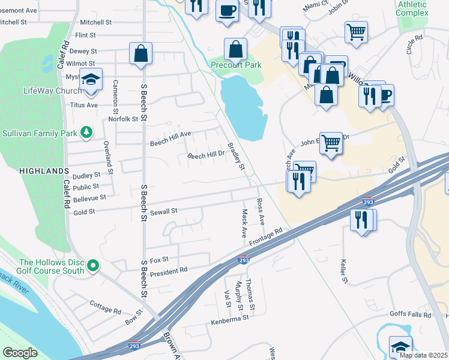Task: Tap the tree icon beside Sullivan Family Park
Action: click(87, 132)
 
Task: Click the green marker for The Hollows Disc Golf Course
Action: click(92, 265)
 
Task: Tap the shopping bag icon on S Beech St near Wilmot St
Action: click(140, 54)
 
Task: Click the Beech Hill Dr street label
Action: click(206, 155)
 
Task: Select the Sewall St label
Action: click(164, 211)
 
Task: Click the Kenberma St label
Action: click(229, 321)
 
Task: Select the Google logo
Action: click(20, 353)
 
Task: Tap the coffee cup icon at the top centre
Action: click(227, 11)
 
